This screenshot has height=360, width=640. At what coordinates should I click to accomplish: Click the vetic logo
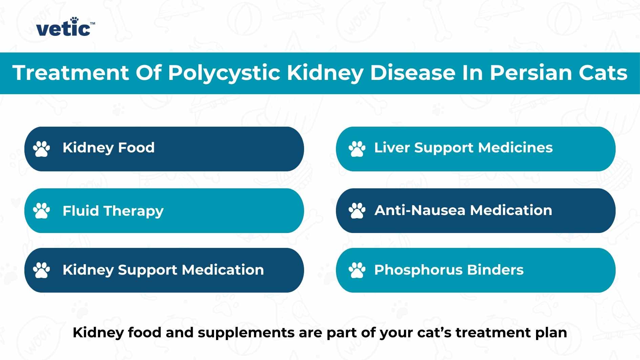tap(64, 27)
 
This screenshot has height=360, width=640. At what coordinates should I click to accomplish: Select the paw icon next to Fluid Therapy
tap(41, 211)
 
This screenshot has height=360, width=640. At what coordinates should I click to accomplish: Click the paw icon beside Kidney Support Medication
tap(41, 270)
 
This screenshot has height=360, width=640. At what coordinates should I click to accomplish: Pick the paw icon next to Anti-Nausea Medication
tap(357, 211)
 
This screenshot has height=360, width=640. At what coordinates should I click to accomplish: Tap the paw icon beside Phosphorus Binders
tap(357, 270)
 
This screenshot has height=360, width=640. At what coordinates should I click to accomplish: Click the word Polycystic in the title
tap(224, 73)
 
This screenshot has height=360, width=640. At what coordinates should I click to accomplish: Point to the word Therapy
tap(133, 211)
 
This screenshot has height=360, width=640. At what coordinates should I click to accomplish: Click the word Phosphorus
tap(418, 270)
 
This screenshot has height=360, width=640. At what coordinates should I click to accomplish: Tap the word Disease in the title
tap(413, 72)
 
